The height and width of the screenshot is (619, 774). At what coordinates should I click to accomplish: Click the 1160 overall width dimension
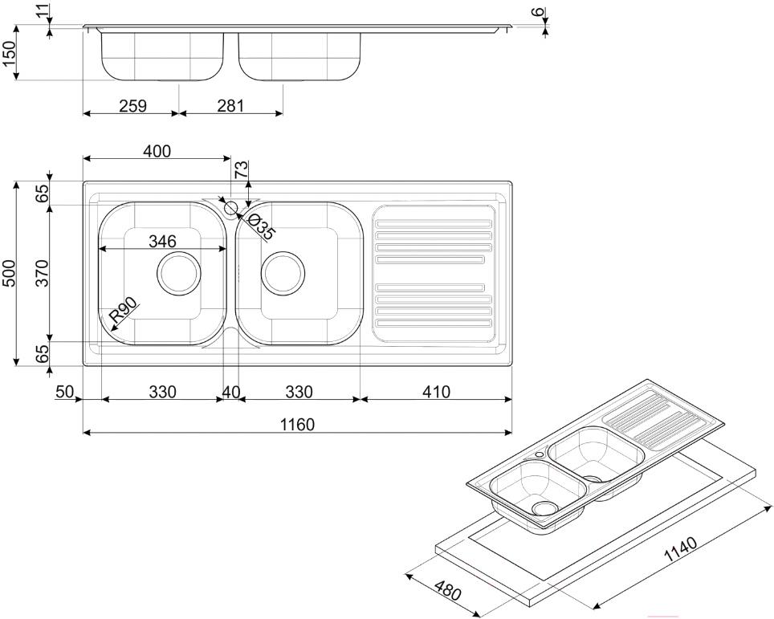[296, 424]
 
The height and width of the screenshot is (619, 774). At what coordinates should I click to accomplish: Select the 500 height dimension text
[9, 275]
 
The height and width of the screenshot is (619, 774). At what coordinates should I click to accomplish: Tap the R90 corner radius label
[124, 310]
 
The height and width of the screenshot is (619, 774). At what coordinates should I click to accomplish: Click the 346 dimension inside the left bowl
[162, 240]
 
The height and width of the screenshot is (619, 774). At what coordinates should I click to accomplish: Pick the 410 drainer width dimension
[434, 392]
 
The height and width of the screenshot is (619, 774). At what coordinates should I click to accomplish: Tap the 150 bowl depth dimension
[10, 55]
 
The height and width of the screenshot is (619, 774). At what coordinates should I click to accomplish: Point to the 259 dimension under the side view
[132, 105]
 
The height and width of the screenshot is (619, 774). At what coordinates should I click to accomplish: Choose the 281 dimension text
[230, 105]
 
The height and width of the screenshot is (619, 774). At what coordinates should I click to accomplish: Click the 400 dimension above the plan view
[156, 151]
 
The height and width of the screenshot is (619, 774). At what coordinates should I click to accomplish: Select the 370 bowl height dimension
[43, 273]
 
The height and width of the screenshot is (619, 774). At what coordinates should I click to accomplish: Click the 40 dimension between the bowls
[230, 392]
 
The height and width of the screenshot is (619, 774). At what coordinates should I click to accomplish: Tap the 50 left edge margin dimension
[64, 392]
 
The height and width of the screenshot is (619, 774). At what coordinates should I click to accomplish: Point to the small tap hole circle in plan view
[230, 209]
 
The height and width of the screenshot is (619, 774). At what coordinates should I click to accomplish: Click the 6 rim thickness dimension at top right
[540, 14]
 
